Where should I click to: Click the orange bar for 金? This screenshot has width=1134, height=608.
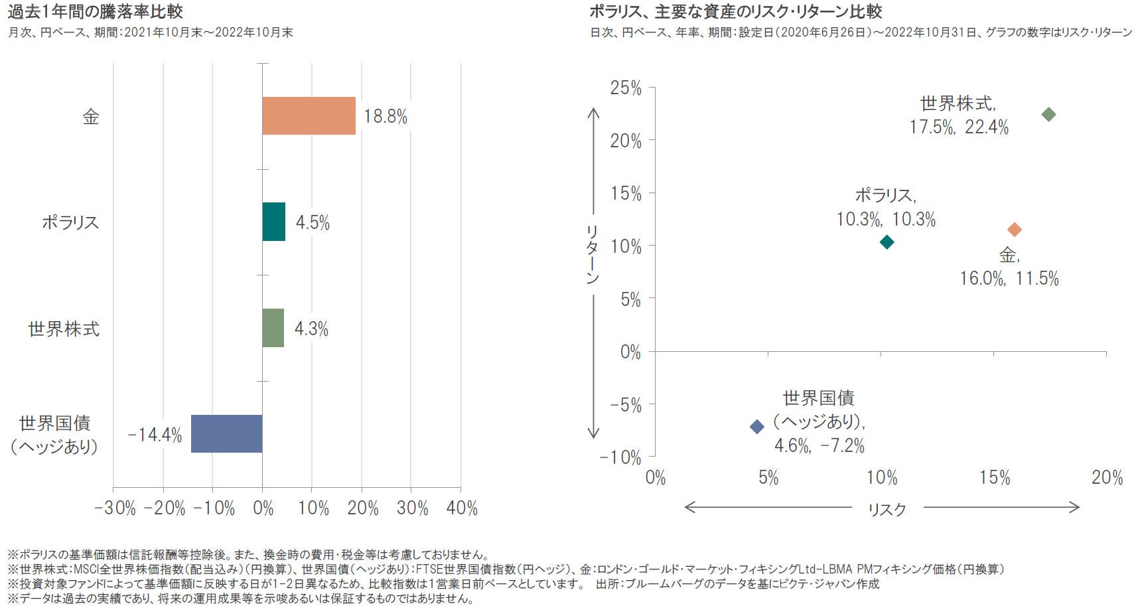pyautogui.click(x=309, y=116)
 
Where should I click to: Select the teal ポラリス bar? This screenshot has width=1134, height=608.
pyautogui.click(x=273, y=222)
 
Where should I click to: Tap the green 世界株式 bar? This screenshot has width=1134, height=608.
pyautogui.click(x=273, y=328)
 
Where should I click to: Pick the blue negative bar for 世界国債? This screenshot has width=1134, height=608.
pyautogui.click(x=226, y=434)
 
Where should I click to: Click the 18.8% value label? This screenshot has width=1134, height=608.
pyautogui.click(x=386, y=117)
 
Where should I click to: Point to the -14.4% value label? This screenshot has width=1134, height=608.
pyautogui.click(x=155, y=435)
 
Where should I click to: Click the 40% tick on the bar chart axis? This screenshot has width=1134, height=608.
pyautogui.click(x=462, y=508)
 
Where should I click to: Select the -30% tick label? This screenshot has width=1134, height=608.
pyautogui.click(x=115, y=508)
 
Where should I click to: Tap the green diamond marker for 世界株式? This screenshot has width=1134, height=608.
pyautogui.click(x=1048, y=115)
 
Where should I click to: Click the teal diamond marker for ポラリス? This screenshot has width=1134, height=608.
pyautogui.click(x=886, y=242)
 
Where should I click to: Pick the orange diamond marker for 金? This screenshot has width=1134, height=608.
pyautogui.click(x=1014, y=230)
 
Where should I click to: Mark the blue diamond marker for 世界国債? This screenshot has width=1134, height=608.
pyautogui.click(x=756, y=427)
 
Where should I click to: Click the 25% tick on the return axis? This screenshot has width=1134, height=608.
pyautogui.click(x=626, y=88)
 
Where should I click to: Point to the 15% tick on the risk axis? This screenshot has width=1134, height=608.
pyautogui.click(x=995, y=478)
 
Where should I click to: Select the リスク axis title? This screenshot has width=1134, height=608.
pyautogui.click(x=886, y=509)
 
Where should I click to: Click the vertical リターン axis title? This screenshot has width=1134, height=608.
pyautogui.click(x=593, y=255)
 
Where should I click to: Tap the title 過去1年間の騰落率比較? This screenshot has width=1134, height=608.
pyautogui.click(x=96, y=11)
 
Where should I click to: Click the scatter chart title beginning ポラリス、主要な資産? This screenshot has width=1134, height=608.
pyautogui.click(x=735, y=11)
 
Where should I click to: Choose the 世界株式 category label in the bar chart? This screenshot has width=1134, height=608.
pyautogui.click(x=64, y=329)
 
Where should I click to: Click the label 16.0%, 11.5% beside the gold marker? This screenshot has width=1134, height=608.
pyautogui.click(x=1009, y=279)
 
